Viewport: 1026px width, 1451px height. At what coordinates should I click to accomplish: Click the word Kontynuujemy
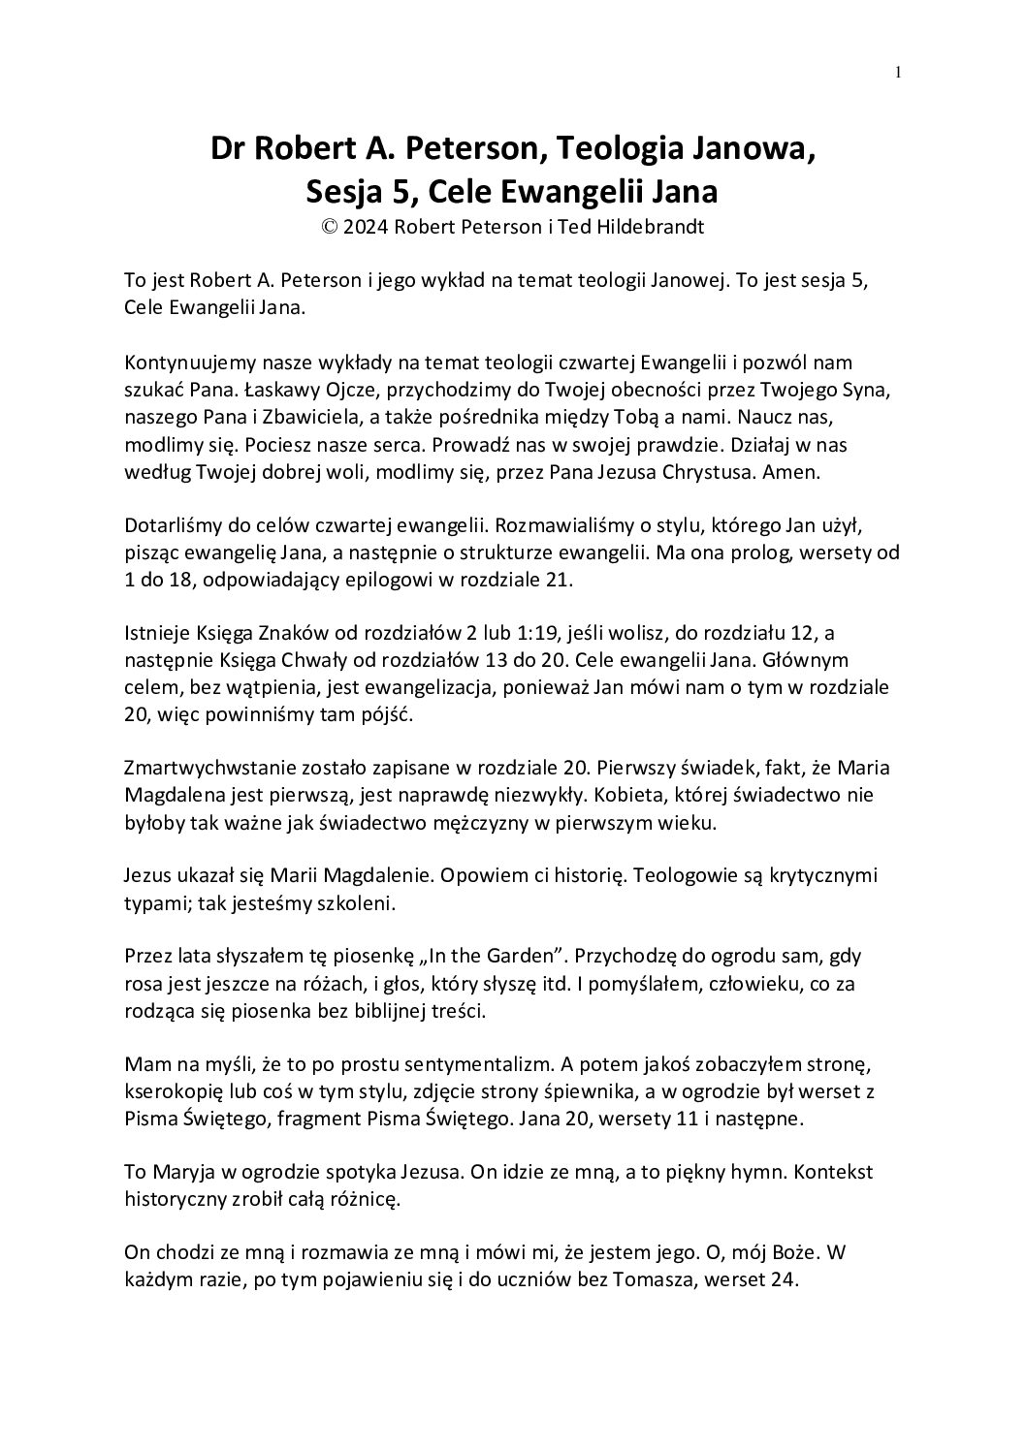click(183, 363)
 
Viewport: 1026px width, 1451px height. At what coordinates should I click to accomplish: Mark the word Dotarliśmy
click(170, 526)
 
